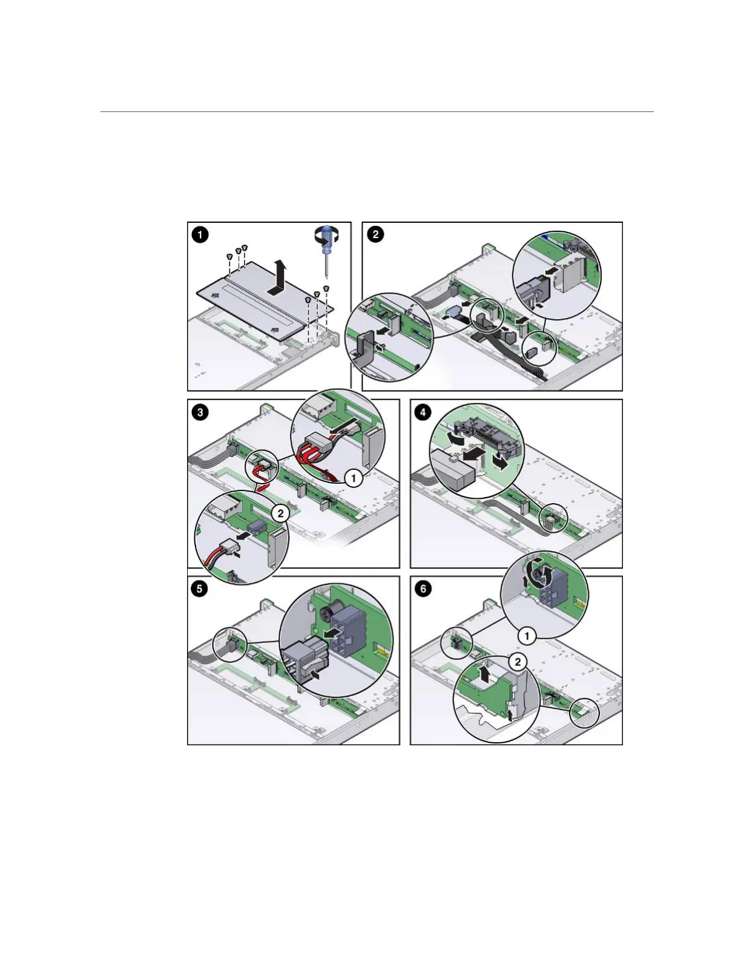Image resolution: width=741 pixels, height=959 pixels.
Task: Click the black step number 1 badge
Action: (200, 234)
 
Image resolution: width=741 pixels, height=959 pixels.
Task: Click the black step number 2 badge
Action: (375, 234)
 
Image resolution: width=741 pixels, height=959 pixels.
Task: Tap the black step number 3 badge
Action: (200, 413)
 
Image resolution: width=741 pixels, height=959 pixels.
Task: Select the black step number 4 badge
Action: (423, 413)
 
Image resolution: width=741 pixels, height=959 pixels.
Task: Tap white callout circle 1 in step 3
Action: (353, 478)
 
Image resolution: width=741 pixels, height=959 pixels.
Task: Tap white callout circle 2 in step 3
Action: (280, 513)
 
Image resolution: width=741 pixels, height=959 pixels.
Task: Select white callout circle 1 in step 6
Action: (527, 636)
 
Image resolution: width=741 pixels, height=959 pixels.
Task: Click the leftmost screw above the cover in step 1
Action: (229, 257)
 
